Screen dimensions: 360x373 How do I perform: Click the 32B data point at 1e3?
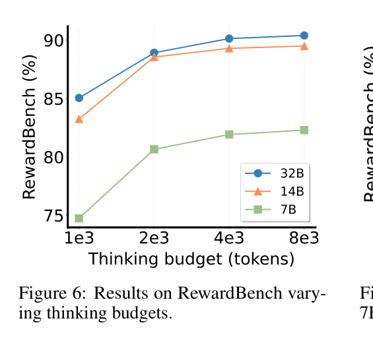79,98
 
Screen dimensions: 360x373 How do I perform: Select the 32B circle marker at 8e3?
304,36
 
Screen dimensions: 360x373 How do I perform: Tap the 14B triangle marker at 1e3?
79,119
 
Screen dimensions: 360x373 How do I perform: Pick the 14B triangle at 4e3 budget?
229,48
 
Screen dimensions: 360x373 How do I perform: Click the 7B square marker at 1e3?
79,218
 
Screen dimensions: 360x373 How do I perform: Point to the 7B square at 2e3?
154,150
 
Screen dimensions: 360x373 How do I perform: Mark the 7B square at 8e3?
304,131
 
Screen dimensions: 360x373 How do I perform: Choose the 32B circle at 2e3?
154,53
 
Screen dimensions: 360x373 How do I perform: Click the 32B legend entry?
274,173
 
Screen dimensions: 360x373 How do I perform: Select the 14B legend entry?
274,191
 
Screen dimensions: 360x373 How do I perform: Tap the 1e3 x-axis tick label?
79,238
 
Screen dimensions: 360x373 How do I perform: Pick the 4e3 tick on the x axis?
229,238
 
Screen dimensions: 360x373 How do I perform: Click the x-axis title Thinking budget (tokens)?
191,259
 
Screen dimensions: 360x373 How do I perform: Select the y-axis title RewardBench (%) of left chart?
29,127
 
